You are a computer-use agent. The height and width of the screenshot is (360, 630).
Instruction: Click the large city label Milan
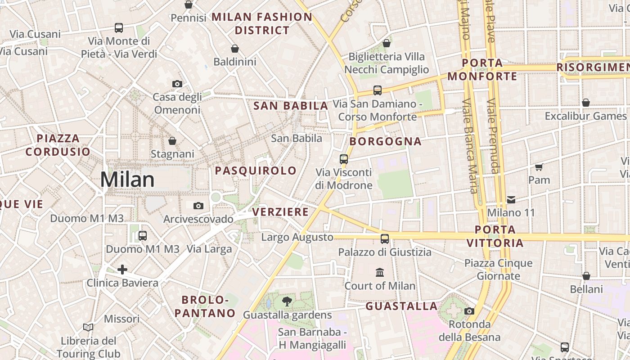click(127, 179)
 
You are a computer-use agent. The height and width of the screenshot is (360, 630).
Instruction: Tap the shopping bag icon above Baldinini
click(234, 49)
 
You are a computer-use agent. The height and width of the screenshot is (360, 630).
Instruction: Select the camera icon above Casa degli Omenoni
click(177, 84)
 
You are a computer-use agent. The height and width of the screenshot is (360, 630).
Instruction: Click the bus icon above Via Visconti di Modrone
click(344, 159)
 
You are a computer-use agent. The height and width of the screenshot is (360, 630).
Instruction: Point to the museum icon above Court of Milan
click(380, 273)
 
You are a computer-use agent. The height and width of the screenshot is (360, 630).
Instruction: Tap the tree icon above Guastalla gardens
click(287, 301)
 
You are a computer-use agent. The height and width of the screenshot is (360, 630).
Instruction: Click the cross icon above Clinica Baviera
click(122, 270)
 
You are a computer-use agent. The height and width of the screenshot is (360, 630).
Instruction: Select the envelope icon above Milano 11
click(511, 199)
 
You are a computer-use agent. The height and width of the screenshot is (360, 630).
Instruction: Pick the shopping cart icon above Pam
click(539, 167)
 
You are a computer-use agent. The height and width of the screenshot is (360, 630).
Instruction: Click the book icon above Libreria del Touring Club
click(89, 327)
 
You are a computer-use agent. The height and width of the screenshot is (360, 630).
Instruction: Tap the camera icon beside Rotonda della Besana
click(469, 311)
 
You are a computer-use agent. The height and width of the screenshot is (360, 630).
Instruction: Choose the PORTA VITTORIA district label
click(495, 236)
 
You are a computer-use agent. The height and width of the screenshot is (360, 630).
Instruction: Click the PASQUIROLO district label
click(256, 171)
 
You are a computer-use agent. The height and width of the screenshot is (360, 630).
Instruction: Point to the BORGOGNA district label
click(386, 141)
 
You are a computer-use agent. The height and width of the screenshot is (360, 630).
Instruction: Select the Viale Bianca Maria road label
click(469, 146)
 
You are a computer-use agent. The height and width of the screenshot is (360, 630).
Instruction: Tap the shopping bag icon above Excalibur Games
click(586, 103)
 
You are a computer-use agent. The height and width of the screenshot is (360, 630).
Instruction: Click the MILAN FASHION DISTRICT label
click(262, 23)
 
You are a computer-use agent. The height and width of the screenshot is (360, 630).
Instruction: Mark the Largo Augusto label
click(297, 237)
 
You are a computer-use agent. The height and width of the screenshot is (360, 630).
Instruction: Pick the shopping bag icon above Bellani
click(586, 276)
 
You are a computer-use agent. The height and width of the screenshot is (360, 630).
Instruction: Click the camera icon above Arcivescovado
click(198, 206)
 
